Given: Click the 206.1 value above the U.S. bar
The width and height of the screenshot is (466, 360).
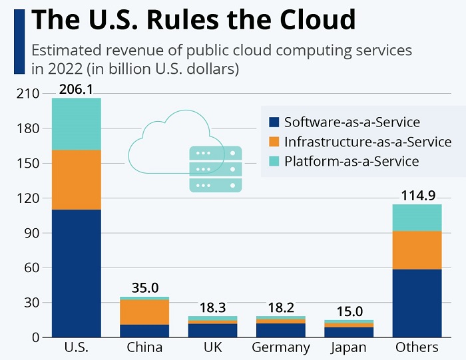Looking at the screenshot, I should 77,89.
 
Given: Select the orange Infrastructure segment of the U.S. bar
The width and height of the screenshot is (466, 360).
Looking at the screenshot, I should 77,180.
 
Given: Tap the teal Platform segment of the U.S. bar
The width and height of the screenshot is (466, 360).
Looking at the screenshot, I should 77,124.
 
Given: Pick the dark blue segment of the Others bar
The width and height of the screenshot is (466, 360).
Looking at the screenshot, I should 417,303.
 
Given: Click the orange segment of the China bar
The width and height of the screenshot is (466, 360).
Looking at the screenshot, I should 145,312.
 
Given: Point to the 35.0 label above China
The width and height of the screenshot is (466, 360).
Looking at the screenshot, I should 145,288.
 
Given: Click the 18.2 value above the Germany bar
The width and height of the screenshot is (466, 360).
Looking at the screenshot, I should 281,307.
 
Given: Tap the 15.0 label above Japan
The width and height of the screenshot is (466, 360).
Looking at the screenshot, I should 349,311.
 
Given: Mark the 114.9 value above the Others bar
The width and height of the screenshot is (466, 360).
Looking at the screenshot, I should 417,196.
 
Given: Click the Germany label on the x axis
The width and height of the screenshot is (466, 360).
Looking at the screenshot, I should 281,347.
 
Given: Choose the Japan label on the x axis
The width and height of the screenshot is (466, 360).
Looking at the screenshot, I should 349,347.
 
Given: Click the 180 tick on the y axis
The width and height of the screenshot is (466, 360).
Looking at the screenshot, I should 23,128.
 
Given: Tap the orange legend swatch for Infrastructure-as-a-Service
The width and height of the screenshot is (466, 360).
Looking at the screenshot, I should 274,142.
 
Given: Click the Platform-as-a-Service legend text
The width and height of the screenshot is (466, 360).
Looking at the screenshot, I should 351,161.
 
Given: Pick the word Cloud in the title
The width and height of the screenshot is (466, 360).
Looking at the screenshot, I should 313,20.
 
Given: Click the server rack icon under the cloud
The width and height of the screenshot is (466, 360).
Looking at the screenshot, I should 215,169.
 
